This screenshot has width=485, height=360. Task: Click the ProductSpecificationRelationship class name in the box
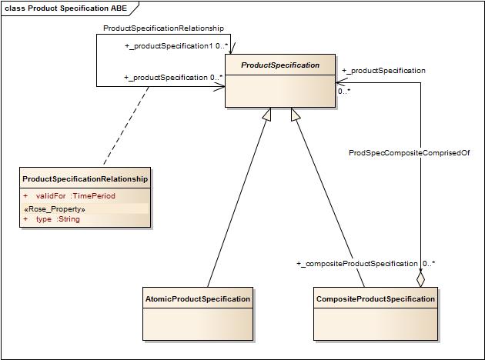[85, 178]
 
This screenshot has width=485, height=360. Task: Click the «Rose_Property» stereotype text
[54, 208]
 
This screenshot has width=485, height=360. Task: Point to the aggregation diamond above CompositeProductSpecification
[420, 278]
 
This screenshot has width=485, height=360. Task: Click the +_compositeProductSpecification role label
[356, 264]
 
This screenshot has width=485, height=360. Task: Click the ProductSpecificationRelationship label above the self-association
[163, 28]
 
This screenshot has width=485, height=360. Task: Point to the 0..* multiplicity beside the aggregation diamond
[429, 264]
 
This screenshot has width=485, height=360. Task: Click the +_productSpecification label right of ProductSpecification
[383, 71]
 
